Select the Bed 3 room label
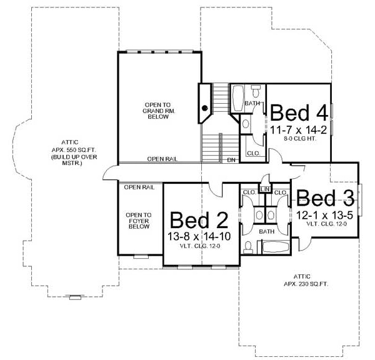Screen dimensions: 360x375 coord(325,199)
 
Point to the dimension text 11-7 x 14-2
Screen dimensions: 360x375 coord(299,130)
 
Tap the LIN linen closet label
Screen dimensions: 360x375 coord(265,188)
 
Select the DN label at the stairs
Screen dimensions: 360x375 coord(231,160)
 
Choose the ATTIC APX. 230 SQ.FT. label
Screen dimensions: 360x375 coord(302,279)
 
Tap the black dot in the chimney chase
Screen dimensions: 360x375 coord(204,108)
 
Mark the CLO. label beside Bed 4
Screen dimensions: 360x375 coord(253,152)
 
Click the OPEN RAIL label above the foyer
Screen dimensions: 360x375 coord(139,187)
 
